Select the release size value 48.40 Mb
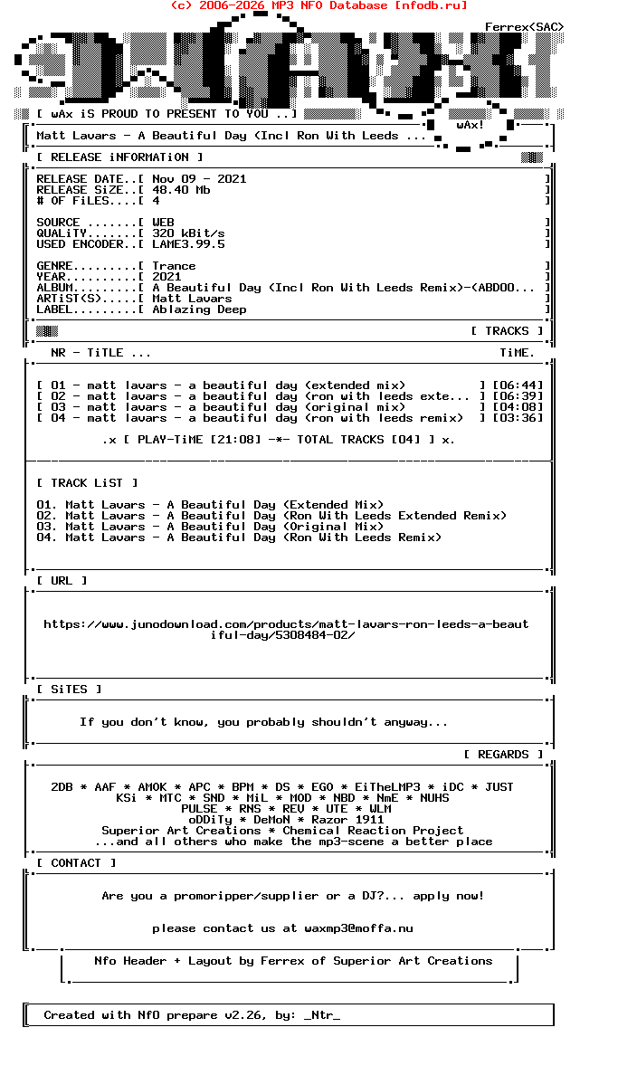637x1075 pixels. pyautogui.click(x=181, y=190)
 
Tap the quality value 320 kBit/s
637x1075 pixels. pyautogui.click(x=188, y=233)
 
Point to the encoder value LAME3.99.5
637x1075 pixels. pyautogui.click(x=188, y=244)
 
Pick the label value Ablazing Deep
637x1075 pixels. pyautogui.click(x=199, y=309)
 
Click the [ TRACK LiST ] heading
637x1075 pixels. pyautogui.click(x=87, y=483)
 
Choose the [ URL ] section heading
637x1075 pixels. pyautogui.click(x=62, y=581)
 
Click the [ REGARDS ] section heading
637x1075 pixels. pyautogui.click(x=503, y=755)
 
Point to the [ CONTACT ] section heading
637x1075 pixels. pyautogui.click(x=76, y=863)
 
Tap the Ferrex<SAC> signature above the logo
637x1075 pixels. pyautogui.click(x=524, y=27)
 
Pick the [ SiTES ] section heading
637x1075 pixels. pyautogui.click(x=69, y=690)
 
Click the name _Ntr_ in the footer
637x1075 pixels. pyautogui.click(x=322, y=1015)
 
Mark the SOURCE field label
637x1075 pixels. pyautogui.click(x=58, y=223)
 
